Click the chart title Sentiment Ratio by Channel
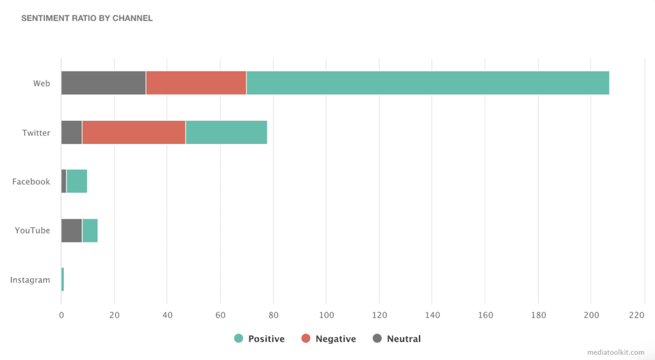(87, 18)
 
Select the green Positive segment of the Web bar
(427, 83)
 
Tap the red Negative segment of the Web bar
(196, 83)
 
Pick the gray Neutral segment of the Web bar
(104, 83)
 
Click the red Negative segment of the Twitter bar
(134, 132)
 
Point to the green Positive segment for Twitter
(226, 132)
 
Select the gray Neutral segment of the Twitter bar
(72, 132)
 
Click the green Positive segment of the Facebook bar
(77, 182)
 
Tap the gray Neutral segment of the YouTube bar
(72, 230)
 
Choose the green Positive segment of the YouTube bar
(90, 230)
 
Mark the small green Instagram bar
(63, 279)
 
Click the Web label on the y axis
(42, 84)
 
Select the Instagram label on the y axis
(30, 280)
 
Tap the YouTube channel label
(33, 231)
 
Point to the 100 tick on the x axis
(326, 315)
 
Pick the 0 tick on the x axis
(61, 315)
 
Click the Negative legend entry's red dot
(306, 339)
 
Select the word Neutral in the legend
(404, 339)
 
